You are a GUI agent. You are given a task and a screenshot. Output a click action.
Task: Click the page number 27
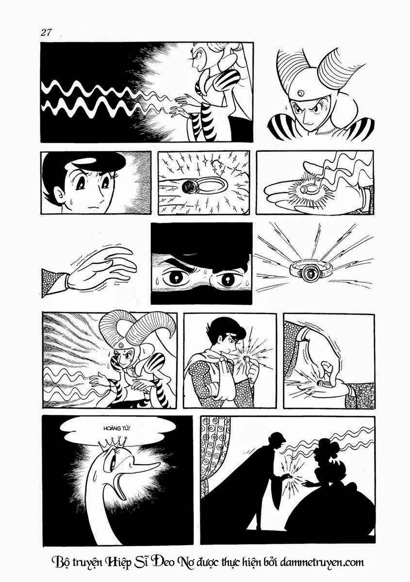point(46,32)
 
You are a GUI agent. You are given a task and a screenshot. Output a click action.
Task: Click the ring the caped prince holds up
point(246,359)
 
